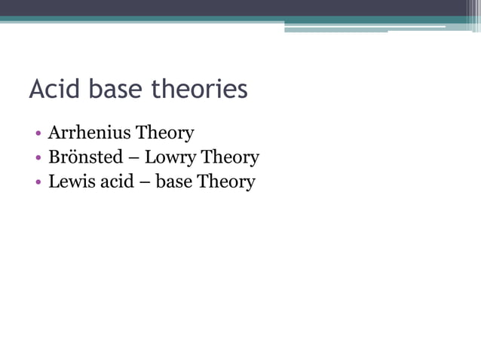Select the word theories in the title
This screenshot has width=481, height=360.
[x=200, y=90]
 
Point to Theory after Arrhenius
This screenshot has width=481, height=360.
[x=164, y=133]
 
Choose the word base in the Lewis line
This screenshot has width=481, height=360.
[x=173, y=182]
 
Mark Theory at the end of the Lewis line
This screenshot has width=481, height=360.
[x=226, y=182]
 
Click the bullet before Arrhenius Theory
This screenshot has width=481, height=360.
[x=38, y=134]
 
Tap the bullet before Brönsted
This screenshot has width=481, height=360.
[x=38, y=158]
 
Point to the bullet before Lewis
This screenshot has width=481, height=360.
[x=38, y=182]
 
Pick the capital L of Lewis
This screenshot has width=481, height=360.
[x=54, y=182]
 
